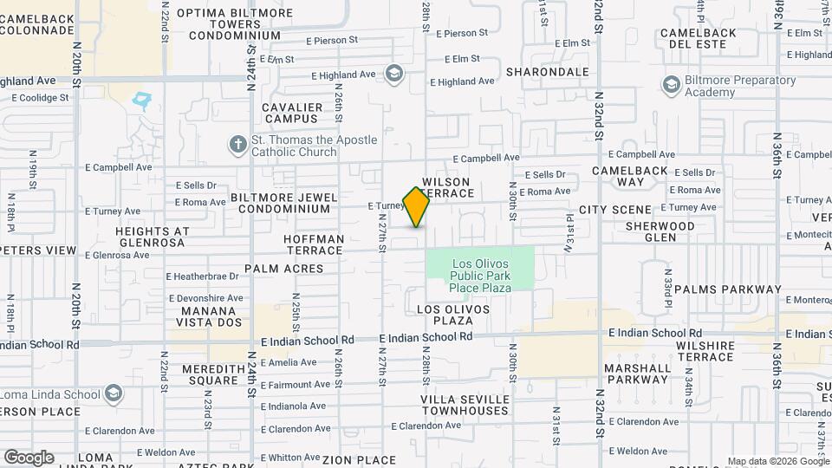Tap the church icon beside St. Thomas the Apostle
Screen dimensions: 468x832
pos(238,145)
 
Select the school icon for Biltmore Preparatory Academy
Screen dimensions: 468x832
pos(671,85)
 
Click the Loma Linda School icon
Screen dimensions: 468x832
pos(113,394)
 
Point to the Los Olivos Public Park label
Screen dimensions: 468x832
pos(481,275)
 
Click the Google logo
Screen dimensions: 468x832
pos(29,457)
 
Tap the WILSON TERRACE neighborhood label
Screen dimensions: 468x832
pos(446,188)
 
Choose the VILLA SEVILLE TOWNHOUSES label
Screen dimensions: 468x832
pos(465,404)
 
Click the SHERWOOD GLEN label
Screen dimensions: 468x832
pos(660,231)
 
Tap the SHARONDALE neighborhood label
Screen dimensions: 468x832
pos(547,72)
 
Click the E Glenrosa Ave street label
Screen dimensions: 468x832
pos(117,255)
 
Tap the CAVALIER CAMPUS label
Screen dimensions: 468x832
pos(293,113)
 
